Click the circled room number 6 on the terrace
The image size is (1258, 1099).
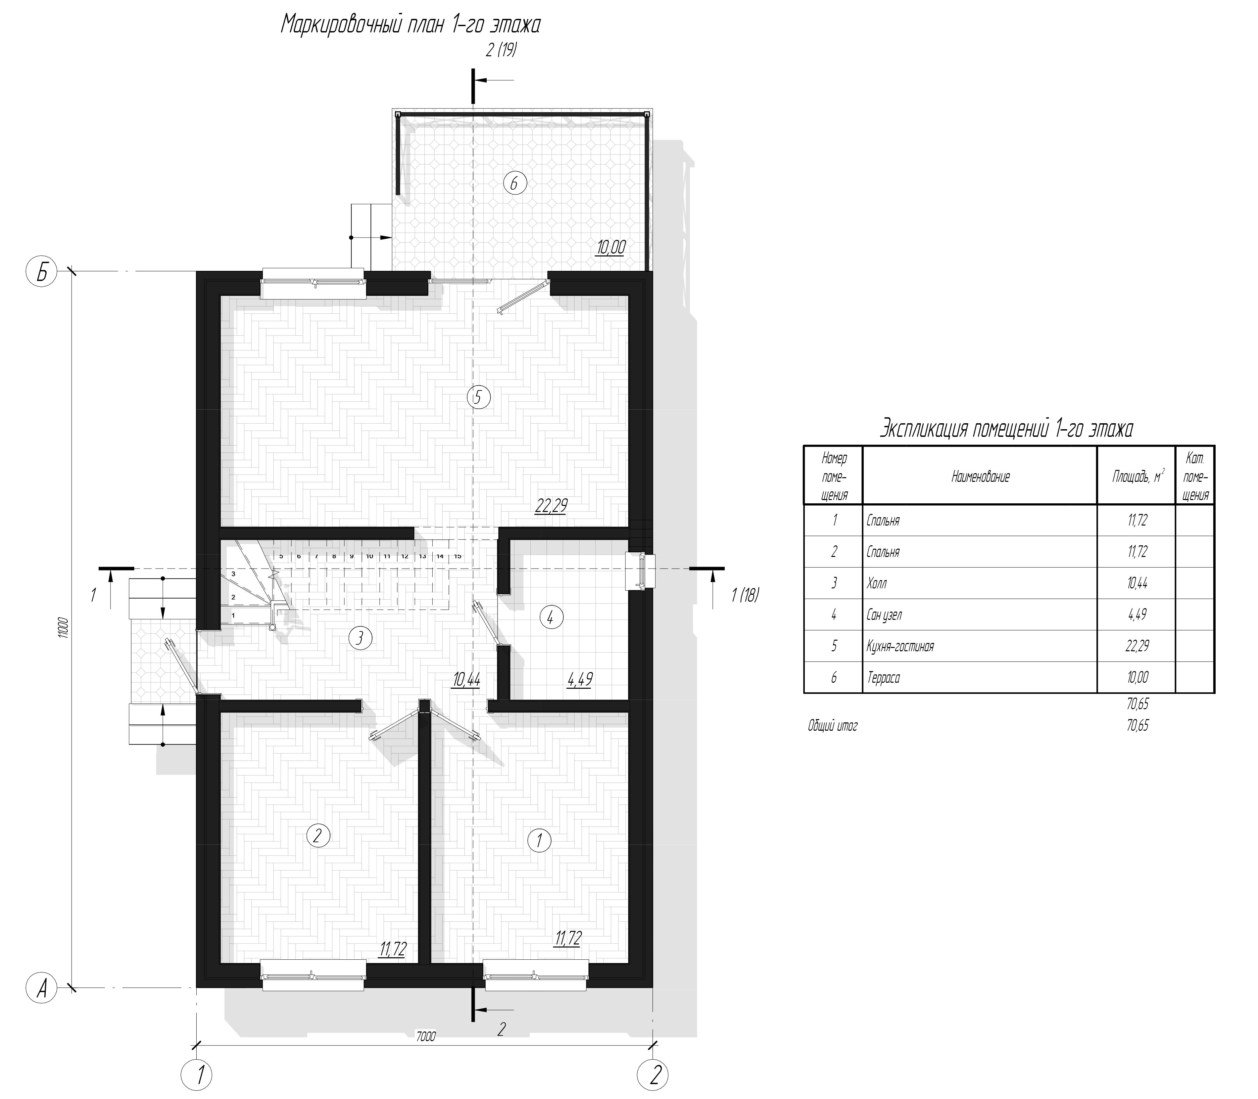tap(514, 183)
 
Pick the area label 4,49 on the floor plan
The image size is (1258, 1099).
tap(580, 679)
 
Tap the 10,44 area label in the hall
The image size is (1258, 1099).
tap(466, 679)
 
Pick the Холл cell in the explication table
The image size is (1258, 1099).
tap(877, 583)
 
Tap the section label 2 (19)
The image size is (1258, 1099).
tap(501, 50)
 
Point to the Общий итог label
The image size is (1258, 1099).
tap(832, 726)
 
